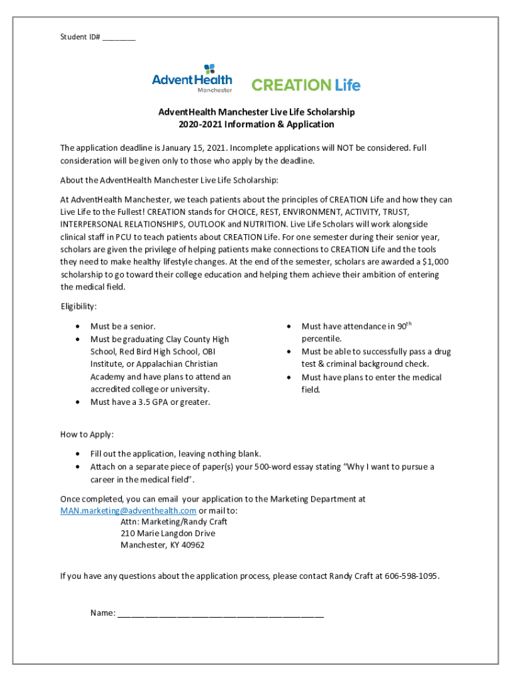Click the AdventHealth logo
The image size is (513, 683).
pyautogui.click(x=192, y=79)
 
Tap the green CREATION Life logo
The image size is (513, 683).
pyautogui.click(x=306, y=85)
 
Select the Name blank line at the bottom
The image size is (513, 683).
pyautogui.click(x=221, y=614)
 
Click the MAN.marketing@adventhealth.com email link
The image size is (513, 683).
pyautogui.click(x=128, y=511)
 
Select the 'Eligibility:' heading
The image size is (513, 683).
pyautogui.click(x=79, y=306)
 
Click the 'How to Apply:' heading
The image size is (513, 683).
pyautogui.click(x=87, y=434)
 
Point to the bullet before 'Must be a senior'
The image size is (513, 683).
pyautogui.click(x=79, y=327)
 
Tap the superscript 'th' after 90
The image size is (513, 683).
pyautogui.click(x=409, y=323)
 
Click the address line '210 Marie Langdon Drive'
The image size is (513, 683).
pyautogui.click(x=168, y=533)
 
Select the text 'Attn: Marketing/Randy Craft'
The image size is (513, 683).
pyautogui.click(x=174, y=522)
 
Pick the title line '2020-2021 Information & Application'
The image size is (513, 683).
pyautogui.click(x=256, y=125)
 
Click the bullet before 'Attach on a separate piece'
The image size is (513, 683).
pyautogui.click(x=79, y=467)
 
